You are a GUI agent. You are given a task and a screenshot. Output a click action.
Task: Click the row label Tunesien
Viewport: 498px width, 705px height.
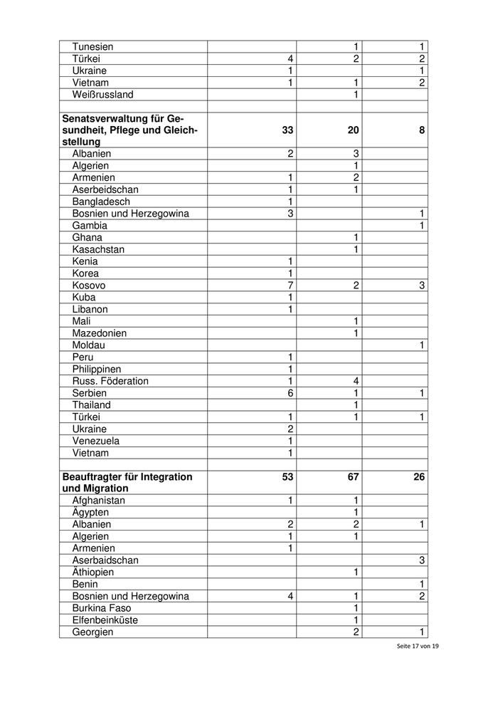[92, 47]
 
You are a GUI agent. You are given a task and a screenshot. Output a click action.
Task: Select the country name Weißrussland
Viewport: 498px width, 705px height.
[102, 95]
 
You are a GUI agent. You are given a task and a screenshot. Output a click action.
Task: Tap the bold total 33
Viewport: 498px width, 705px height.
[287, 130]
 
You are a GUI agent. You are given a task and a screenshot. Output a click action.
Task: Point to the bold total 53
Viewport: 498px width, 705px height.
[287, 476]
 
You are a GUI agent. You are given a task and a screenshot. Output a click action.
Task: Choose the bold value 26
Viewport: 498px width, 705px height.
[418, 476]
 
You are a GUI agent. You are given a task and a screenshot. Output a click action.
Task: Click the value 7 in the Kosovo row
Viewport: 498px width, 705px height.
[290, 286]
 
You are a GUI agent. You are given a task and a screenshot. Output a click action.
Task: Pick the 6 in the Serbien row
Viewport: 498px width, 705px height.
[290, 393]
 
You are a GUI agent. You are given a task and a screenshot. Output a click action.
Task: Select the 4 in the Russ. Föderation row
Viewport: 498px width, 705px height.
[356, 381]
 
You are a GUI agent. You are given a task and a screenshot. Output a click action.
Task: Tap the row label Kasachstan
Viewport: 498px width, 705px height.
[98, 249]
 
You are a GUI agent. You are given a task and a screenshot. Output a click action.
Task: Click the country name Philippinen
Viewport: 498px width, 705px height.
[97, 369]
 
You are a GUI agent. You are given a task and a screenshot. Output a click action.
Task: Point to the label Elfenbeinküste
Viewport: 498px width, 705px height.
[105, 620]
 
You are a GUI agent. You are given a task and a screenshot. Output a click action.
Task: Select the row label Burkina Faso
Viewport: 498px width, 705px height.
[102, 608]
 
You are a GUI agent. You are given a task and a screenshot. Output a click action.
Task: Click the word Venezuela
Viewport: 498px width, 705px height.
[96, 441]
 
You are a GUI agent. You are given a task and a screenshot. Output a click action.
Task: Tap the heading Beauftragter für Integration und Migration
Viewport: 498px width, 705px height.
[127, 483]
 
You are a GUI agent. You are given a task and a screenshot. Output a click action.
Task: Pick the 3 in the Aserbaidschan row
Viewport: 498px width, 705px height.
[421, 560]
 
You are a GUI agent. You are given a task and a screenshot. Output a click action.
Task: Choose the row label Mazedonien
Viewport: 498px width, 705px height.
[100, 333]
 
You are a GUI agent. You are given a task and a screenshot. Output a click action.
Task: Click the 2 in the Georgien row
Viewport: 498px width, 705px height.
[356, 632]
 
